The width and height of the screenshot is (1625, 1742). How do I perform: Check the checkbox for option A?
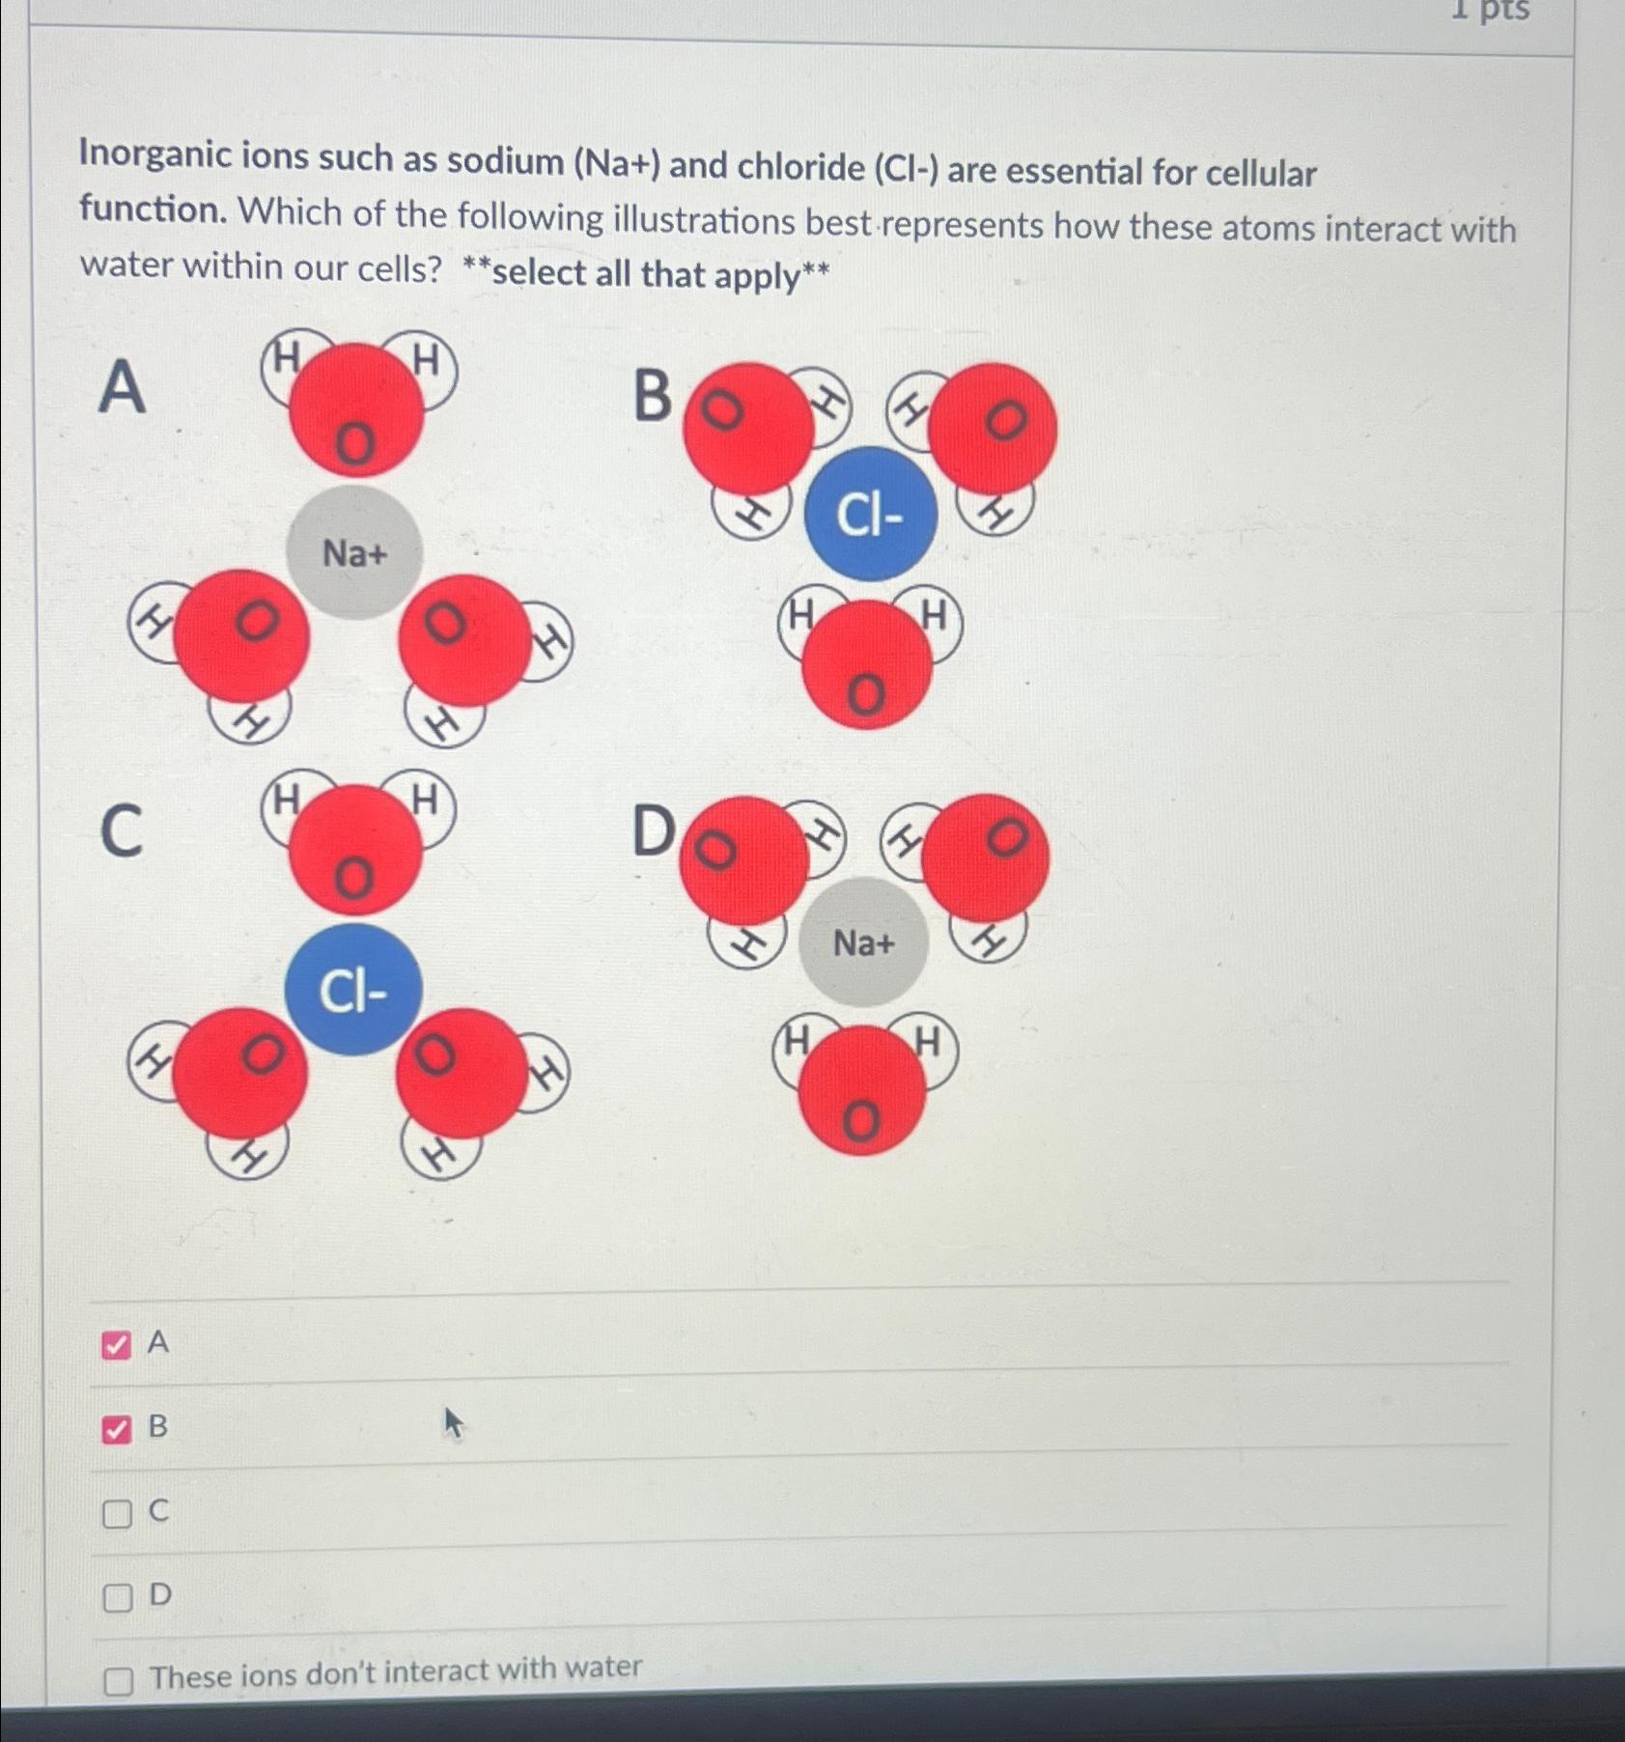coord(116,1344)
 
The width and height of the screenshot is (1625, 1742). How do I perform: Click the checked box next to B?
coord(116,1429)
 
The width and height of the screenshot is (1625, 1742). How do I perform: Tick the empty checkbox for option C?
coord(117,1513)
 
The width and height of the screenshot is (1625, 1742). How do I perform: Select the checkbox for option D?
coord(117,1598)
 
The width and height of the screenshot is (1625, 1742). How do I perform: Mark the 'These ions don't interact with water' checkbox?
coord(118,1681)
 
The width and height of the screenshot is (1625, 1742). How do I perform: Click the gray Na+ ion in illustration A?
coord(354,552)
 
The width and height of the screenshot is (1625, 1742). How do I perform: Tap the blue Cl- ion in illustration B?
coord(870,514)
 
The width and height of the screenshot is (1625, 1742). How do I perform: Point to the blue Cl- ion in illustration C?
coord(353,990)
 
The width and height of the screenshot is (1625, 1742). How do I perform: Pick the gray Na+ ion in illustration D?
coord(863,942)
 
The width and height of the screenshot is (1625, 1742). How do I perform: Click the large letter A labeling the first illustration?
coord(123,386)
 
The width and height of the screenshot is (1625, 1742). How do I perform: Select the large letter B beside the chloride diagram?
coord(653,396)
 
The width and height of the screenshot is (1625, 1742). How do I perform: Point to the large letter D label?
coord(654,830)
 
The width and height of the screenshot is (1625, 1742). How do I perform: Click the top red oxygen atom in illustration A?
coord(356,410)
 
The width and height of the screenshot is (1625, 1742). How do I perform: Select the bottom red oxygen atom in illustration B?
coord(866,665)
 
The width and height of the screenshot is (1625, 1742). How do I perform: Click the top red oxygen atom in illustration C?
coord(354,850)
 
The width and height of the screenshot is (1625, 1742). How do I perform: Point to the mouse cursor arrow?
coord(453,1422)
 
